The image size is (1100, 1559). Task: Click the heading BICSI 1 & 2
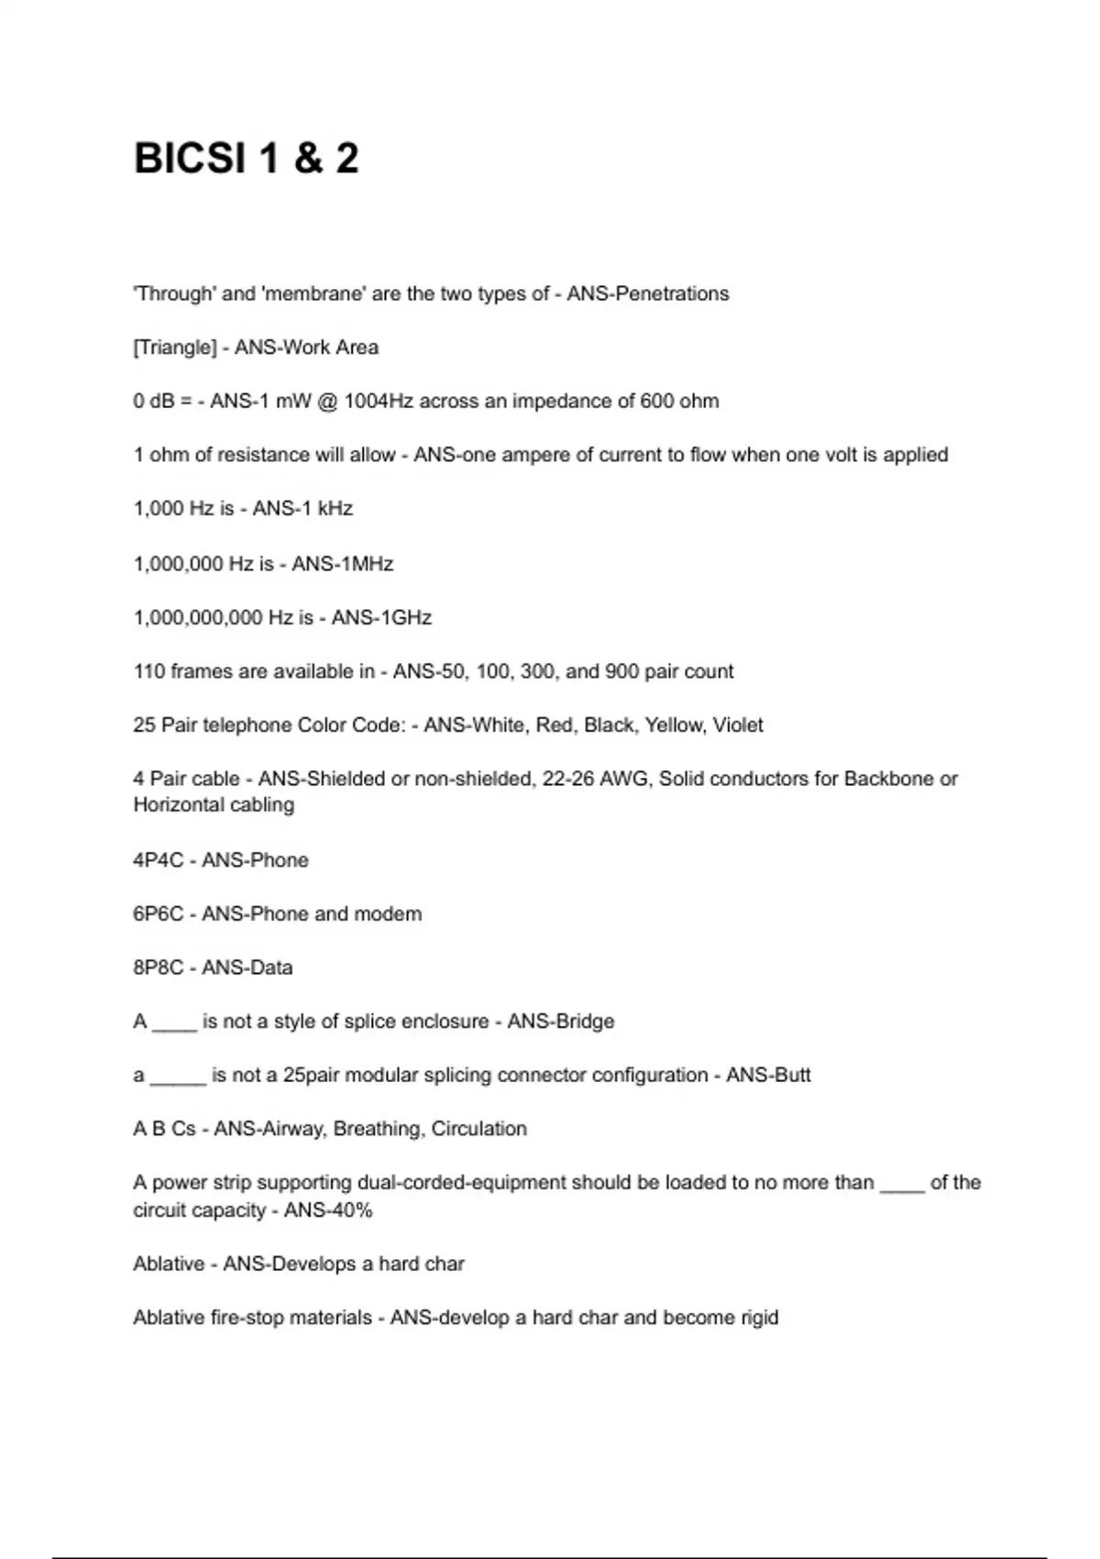tap(246, 159)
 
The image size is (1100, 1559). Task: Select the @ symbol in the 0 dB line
tap(326, 402)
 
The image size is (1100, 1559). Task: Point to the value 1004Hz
tap(379, 402)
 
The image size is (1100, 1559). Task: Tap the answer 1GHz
tap(401, 617)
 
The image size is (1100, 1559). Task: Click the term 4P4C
tap(159, 860)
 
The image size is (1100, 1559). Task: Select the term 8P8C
tap(159, 967)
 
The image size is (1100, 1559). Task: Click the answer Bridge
tap(585, 1022)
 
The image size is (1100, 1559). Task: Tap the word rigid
tap(757, 1318)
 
